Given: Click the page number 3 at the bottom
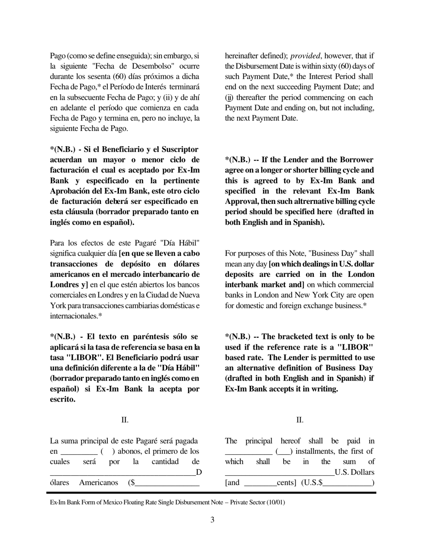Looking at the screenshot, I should point(212,520).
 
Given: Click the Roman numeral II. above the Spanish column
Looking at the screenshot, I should point(125,420).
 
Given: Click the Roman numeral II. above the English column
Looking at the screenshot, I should point(300,420).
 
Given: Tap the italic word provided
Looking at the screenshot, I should point(305,56).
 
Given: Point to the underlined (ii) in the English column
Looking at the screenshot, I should point(229,97).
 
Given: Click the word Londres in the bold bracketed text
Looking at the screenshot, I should point(64,284).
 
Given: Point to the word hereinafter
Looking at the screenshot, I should point(242,56).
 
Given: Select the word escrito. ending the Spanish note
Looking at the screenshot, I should point(63,399).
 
